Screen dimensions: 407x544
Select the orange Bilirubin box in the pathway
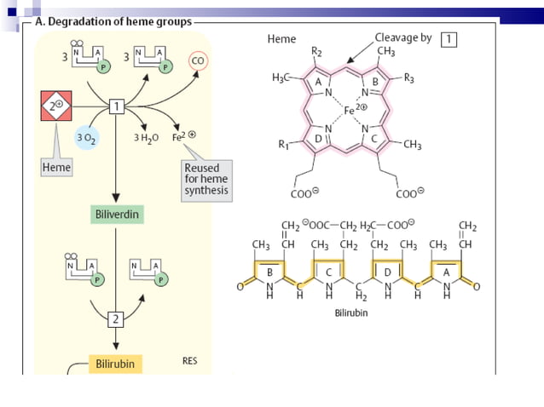[113, 364]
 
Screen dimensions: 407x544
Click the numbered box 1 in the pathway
[118, 105]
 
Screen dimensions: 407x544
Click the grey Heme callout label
[55, 168]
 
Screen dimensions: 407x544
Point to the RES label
[190, 361]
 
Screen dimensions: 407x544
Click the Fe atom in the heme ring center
[350, 111]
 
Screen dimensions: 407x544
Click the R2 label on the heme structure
[316, 53]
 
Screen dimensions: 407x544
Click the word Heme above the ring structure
[281, 39]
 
